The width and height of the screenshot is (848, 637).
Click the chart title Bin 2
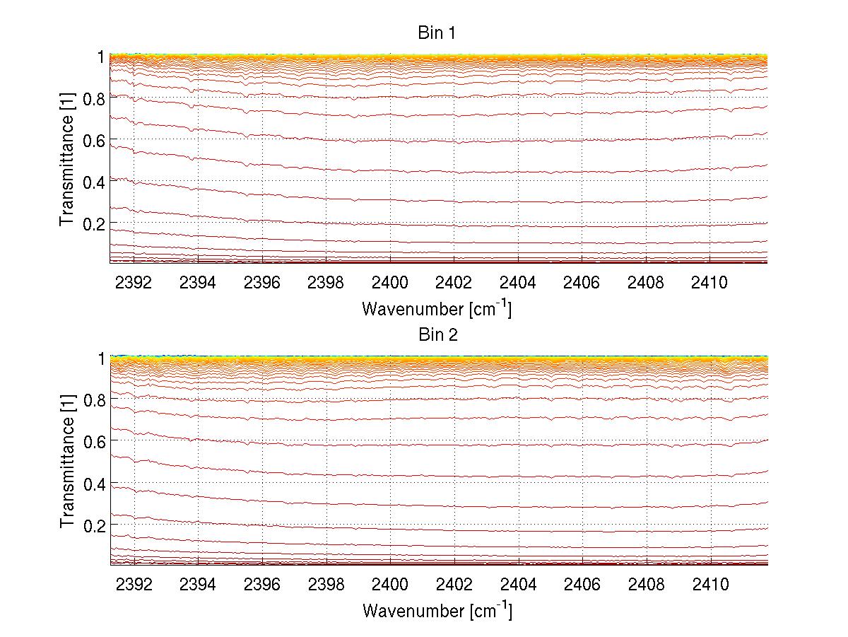pyautogui.click(x=438, y=334)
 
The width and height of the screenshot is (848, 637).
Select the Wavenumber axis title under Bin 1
pyautogui.click(x=437, y=308)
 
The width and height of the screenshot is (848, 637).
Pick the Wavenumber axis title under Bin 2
pyautogui.click(x=437, y=610)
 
